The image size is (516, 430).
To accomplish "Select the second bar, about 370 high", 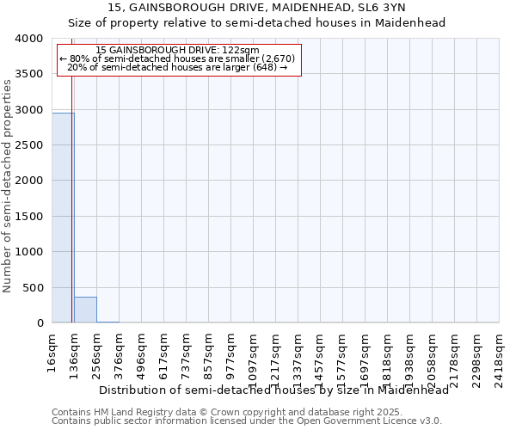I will point(85,310).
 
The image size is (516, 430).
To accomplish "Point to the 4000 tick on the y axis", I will point(29,39).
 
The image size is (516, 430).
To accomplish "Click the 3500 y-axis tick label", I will point(29,75).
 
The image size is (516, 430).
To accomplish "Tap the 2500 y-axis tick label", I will point(29,145).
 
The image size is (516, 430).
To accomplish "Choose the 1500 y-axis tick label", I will point(29,217).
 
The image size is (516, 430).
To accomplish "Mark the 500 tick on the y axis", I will point(33,287).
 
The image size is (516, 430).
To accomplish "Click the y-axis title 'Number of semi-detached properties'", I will point(8,185).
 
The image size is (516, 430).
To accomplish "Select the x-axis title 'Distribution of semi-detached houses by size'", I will point(274,390).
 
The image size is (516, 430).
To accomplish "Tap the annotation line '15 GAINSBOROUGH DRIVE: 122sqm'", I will point(178,51).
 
